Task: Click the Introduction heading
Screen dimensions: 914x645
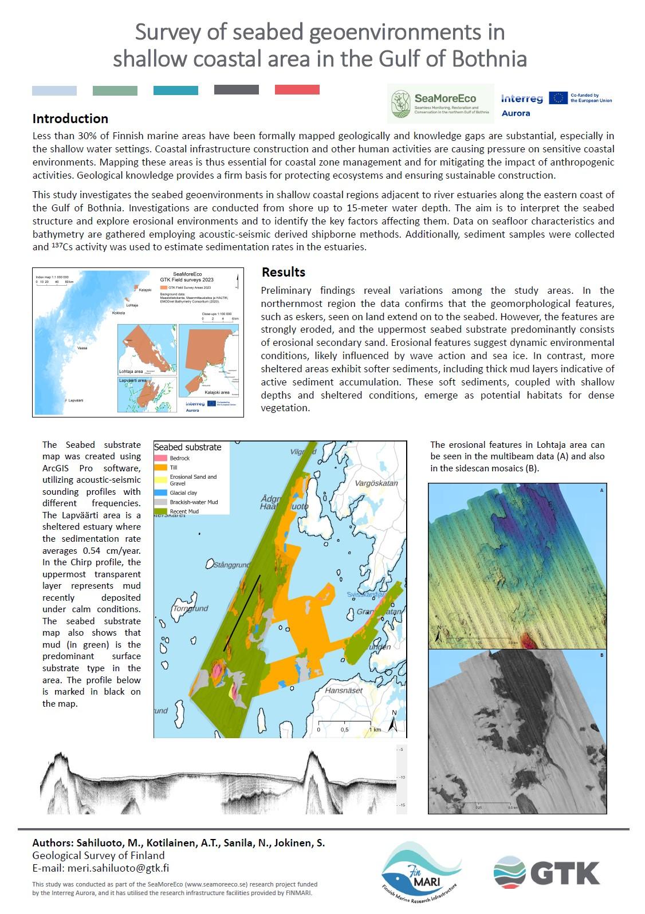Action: (70, 119)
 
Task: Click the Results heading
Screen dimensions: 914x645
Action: (283, 272)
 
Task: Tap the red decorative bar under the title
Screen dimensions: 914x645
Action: (297, 90)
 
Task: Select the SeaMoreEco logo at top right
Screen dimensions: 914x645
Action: (439, 103)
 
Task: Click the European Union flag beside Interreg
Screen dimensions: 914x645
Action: (558, 98)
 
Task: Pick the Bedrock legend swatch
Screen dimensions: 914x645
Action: (160, 458)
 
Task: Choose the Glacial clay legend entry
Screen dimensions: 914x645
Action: (183, 493)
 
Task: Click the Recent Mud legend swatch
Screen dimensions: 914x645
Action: (160, 511)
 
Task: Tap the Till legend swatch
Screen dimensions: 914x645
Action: (160, 468)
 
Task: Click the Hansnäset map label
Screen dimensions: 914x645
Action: (344, 691)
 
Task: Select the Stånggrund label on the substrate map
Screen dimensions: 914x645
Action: (233, 565)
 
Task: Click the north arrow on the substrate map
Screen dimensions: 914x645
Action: (394, 722)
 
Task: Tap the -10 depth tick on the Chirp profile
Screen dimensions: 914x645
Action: (401, 777)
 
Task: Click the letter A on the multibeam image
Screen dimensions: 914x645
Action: (601, 491)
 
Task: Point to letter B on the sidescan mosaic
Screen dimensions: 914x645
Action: (601, 655)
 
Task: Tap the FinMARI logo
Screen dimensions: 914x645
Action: (422, 870)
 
